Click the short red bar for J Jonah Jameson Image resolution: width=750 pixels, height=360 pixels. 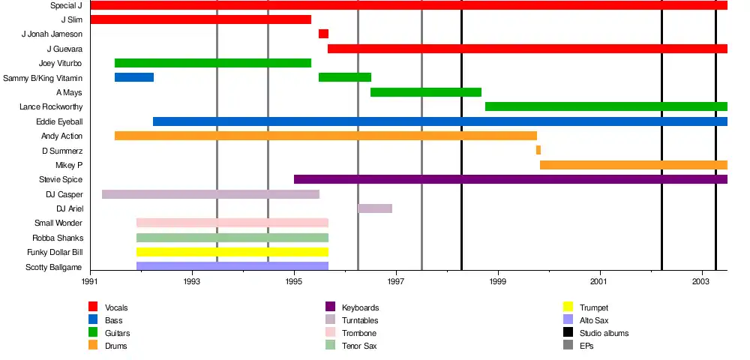click(x=323, y=34)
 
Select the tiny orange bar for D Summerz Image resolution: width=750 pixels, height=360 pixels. click(x=538, y=150)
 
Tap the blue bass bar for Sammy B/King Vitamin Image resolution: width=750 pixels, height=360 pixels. click(x=134, y=77)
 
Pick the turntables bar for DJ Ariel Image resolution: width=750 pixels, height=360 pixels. click(x=375, y=208)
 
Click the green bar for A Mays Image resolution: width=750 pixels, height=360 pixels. click(x=426, y=92)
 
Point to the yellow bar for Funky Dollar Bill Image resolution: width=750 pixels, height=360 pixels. click(x=232, y=252)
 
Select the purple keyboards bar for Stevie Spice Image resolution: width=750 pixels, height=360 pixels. click(x=510, y=179)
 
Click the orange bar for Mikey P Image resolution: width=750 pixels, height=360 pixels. click(x=634, y=165)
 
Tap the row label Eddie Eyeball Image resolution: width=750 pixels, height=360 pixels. click(x=59, y=121)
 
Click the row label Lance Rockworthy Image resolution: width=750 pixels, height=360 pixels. click(x=51, y=107)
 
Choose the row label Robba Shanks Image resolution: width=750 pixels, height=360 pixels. click(x=57, y=238)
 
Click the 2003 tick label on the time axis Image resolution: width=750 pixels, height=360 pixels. click(x=701, y=281)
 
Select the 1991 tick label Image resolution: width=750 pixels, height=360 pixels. click(x=90, y=281)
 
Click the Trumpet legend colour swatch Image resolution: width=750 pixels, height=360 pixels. click(x=568, y=307)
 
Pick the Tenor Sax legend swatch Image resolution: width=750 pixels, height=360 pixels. click(x=330, y=345)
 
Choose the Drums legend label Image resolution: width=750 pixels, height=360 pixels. click(x=116, y=346)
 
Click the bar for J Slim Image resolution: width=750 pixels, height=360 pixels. click(x=200, y=19)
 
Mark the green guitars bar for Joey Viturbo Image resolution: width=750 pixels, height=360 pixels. click(x=213, y=63)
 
